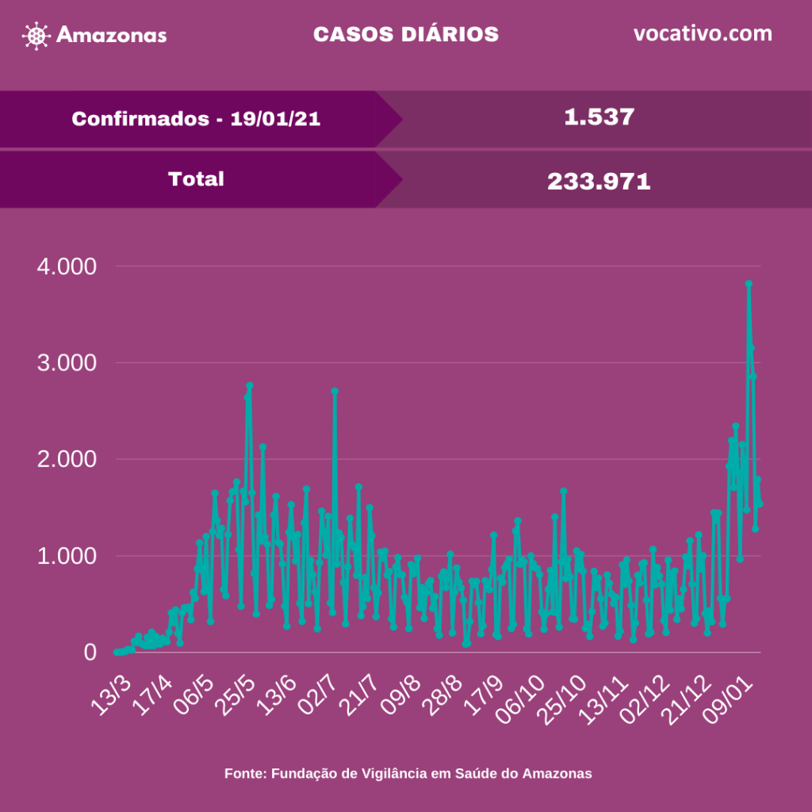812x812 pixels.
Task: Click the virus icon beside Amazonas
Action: (36, 36)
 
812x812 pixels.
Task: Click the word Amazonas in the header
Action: (112, 36)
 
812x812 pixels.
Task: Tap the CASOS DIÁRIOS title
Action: (405, 35)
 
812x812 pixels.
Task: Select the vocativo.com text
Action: (703, 34)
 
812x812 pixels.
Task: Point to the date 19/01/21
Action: (275, 119)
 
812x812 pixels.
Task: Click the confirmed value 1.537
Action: (599, 117)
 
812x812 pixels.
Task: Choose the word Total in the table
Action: (196, 179)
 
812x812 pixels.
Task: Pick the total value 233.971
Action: (599, 182)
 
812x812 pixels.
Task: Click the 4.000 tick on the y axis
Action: (67, 266)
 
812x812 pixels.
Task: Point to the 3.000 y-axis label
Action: (67, 363)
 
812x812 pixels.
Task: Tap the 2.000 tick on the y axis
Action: (67, 460)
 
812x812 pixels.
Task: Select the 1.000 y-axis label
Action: (67, 557)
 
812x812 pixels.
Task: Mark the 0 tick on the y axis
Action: (90, 653)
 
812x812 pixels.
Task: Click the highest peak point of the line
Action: (748, 284)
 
